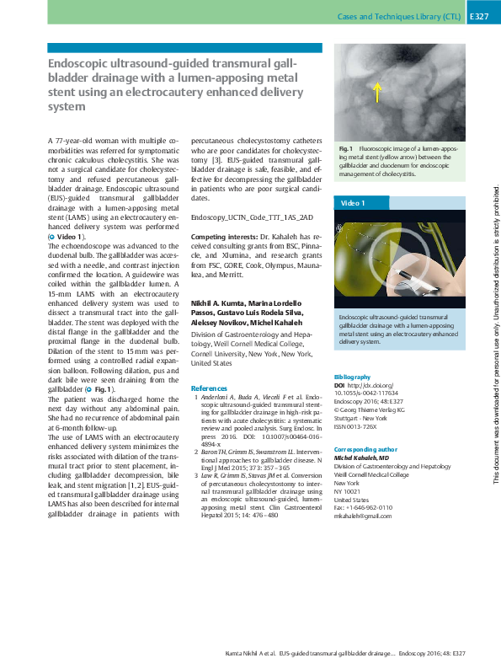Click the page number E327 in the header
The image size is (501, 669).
[x=477, y=17]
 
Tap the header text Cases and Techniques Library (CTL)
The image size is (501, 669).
[x=399, y=17]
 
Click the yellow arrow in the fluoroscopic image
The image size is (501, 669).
[x=377, y=92]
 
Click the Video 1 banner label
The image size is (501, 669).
[x=354, y=204]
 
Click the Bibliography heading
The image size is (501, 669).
[x=352, y=377]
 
